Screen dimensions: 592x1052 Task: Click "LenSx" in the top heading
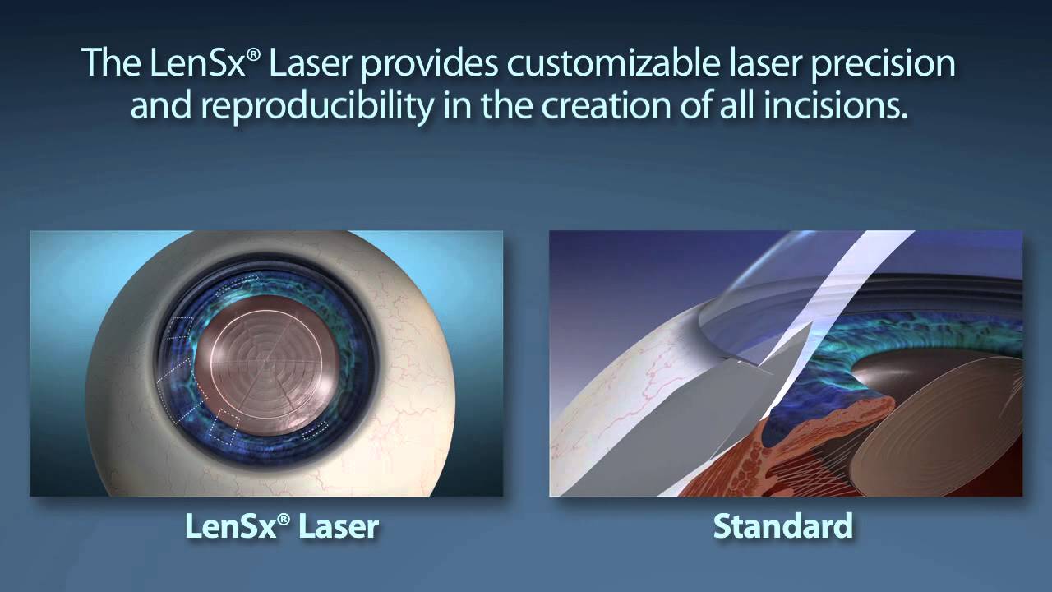coord(200,65)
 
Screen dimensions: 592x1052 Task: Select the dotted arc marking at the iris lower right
coord(314,430)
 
